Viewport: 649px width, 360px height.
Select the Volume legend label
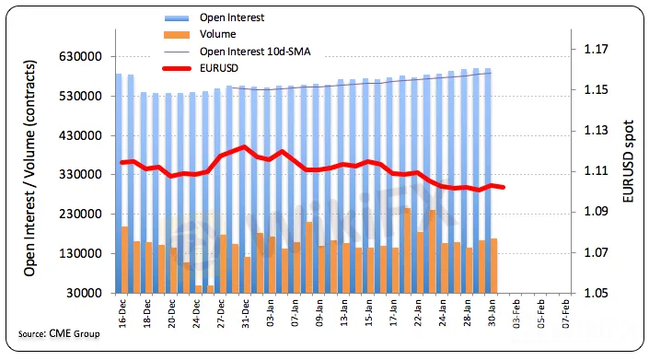pos(217,34)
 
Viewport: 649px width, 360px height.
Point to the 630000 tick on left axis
pos(80,56)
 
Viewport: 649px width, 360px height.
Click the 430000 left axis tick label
pos(80,135)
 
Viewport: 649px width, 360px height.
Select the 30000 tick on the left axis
pos(84,293)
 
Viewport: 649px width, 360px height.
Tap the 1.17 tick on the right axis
pos(596,49)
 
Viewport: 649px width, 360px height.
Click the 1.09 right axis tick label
pos(596,212)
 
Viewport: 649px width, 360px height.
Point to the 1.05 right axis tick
pos(596,293)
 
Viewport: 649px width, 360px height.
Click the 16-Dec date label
pos(122,313)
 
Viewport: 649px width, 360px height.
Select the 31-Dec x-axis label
pos(246,313)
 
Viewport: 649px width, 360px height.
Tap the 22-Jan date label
pos(418,313)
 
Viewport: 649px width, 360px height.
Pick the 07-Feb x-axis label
pos(566,313)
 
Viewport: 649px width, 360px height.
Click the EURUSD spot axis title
pos(628,161)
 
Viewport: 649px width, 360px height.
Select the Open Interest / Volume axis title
pos(29,168)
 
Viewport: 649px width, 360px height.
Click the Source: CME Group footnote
pos(59,333)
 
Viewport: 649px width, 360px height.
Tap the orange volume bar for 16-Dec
pos(124,260)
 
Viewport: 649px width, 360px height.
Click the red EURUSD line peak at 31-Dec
pos(244,147)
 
